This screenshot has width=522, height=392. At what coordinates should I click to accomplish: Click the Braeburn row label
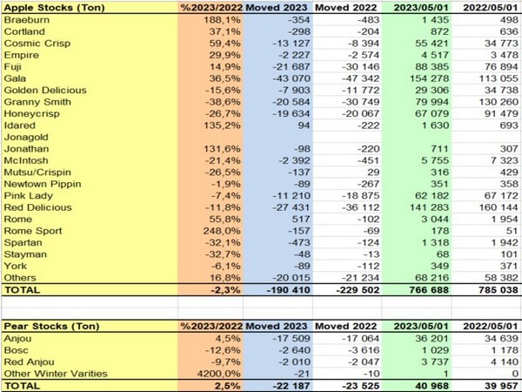click(x=27, y=20)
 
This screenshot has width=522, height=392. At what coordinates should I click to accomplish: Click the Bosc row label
click(x=18, y=348)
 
